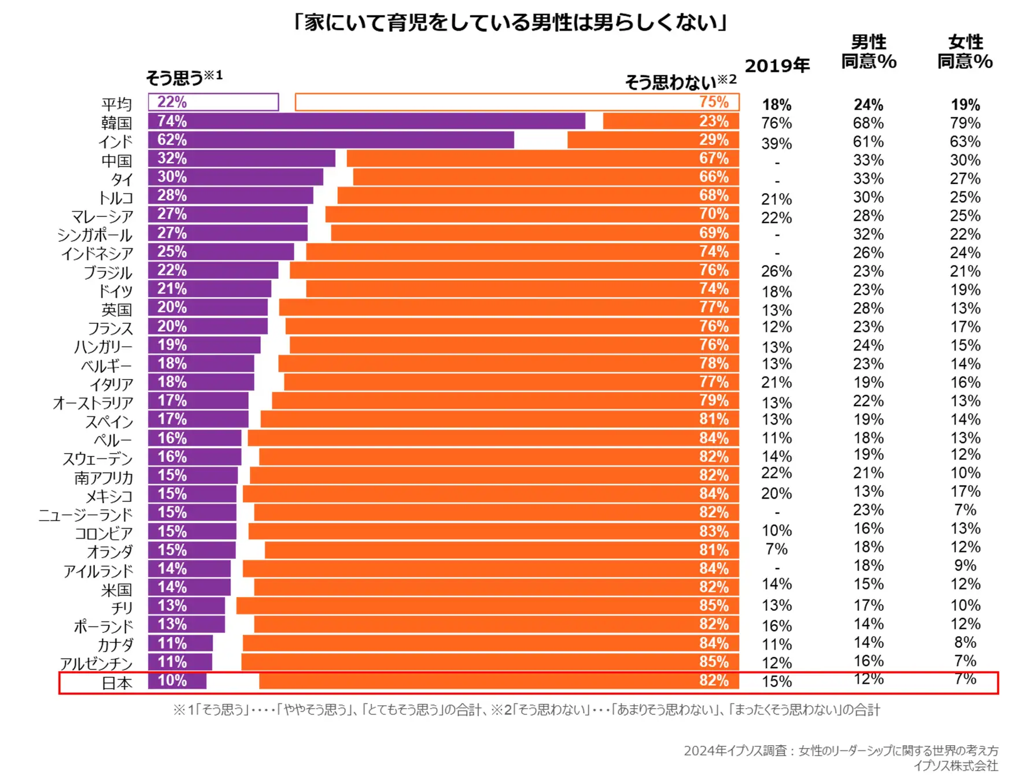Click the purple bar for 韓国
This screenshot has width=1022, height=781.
coord(366,121)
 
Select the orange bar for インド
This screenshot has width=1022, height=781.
coord(652,140)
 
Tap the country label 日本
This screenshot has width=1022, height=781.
coord(117,683)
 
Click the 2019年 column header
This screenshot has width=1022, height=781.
coord(777,66)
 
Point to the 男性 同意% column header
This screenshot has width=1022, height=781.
coord(868,51)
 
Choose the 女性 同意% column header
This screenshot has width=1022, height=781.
coord(965,51)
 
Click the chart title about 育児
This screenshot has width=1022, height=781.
coord(510,23)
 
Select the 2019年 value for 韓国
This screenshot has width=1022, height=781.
coord(776,123)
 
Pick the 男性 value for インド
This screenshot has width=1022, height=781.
coord(868,142)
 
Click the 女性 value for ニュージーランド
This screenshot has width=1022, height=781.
coord(965,510)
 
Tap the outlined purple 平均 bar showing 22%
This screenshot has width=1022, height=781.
coord(213,102)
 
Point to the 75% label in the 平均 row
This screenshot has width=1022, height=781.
coord(714,102)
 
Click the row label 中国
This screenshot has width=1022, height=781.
coord(117,161)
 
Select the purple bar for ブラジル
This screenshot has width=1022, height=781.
coord(213,270)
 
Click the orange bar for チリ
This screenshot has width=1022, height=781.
coord(487,606)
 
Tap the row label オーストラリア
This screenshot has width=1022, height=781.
coord(93,403)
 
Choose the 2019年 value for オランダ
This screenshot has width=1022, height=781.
coord(776,549)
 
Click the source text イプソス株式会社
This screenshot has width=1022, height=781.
coord(955,765)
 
